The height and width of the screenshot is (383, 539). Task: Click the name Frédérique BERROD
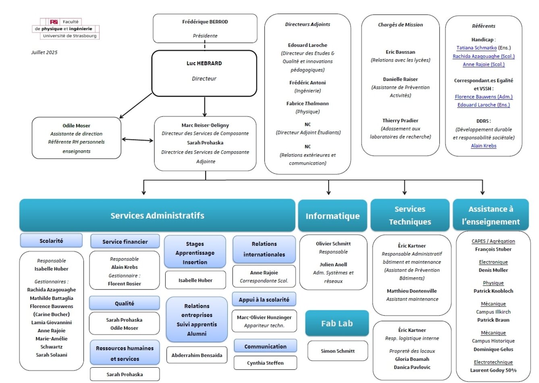click(x=205, y=22)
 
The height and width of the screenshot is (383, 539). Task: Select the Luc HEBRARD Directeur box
click(x=204, y=73)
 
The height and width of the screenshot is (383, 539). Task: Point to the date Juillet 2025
click(x=44, y=52)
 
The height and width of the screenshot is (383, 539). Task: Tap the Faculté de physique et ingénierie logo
click(x=66, y=29)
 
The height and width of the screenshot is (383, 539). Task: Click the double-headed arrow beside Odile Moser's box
click(x=137, y=140)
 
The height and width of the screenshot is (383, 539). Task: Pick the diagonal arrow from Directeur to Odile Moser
click(x=136, y=106)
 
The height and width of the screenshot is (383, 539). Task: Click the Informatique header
click(x=332, y=216)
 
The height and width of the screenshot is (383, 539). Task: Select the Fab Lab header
click(x=337, y=323)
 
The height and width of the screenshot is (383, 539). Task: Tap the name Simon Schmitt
click(x=338, y=351)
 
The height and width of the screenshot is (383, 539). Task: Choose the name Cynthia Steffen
click(x=265, y=363)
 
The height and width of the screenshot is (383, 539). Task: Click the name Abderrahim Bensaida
click(x=197, y=355)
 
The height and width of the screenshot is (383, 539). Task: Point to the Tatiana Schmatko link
click(x=477, y=48)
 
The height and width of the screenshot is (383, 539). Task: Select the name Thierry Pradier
click(x=400, y=121)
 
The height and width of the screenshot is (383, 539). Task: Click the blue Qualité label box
click(x=124, y=303)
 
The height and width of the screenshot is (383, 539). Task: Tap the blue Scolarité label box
click(x=51, y=241)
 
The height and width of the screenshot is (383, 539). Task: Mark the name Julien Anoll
click(x=333, y=264)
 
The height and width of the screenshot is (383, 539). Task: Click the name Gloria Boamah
click(x=412, y=359)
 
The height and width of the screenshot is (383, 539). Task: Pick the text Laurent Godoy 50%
click(x=493, y=370)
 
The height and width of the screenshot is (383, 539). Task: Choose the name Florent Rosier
click(x=124, y=284)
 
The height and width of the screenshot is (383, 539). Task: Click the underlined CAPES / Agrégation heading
click(x=493, y=241)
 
